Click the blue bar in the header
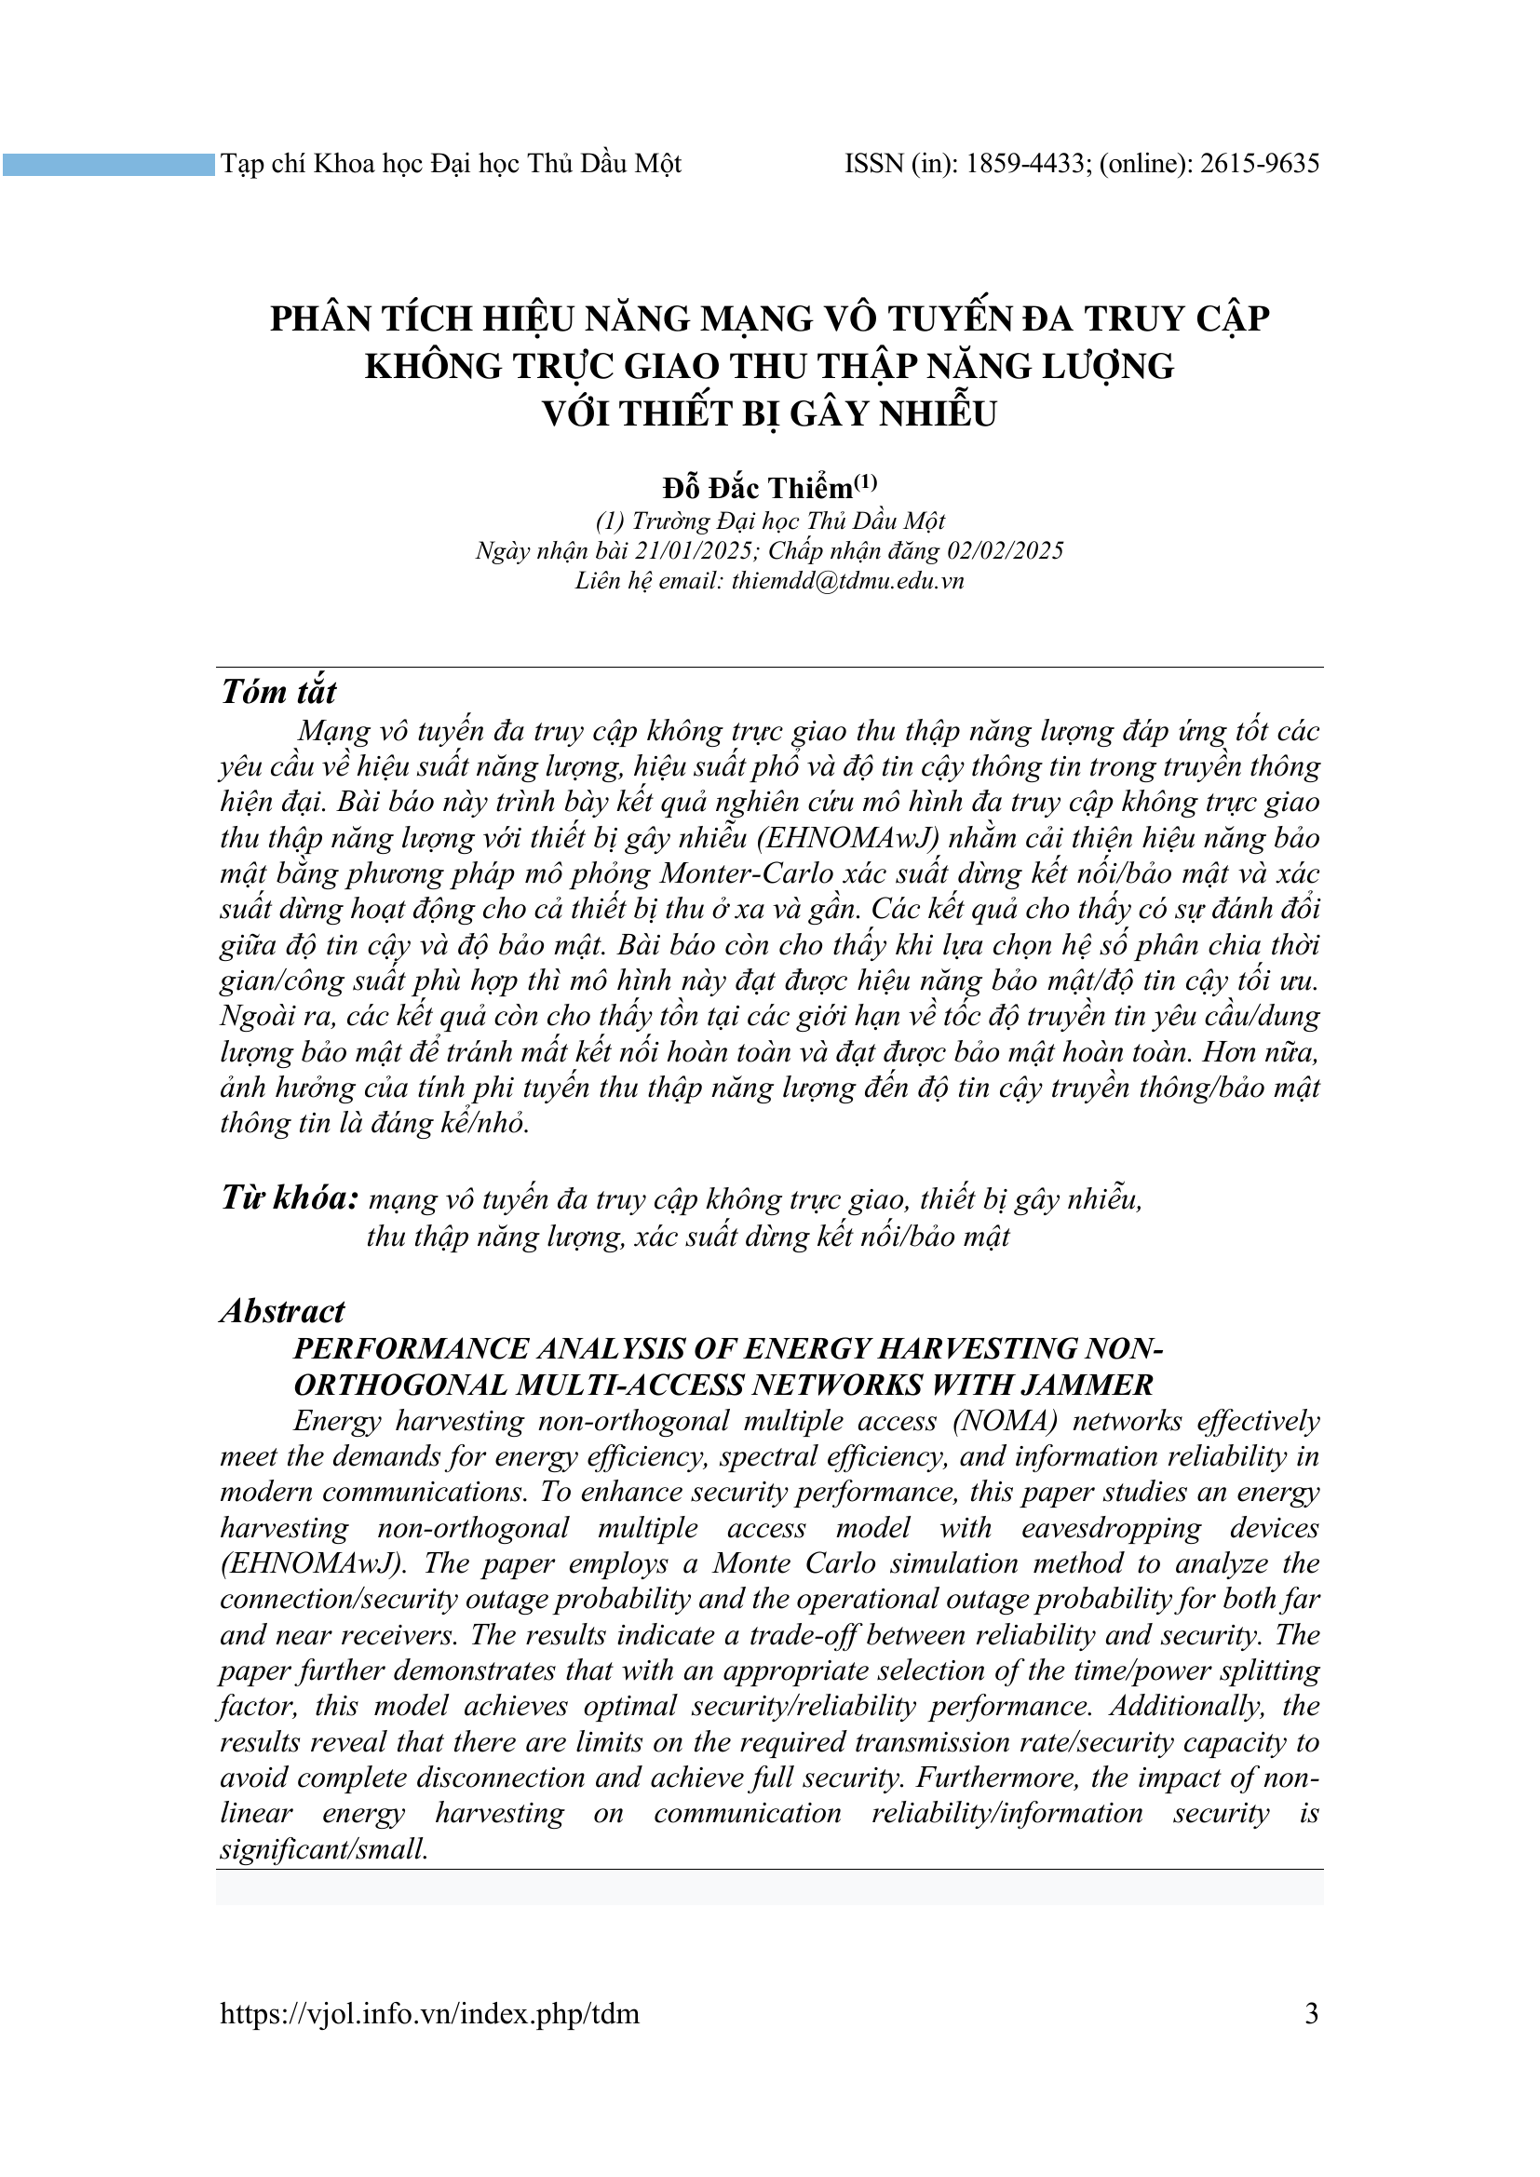pyautogui.click(x=108, y=165)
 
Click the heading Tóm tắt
pyautogui.click(x=277, y=692)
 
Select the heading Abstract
pyautogui.click(x=283, y=1311)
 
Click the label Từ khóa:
pyautogui.click(x=290, y=1198)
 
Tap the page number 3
pyautogui.click(x=1312, y=2013)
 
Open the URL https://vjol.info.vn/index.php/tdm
pyautogui.click(x=429, y=2014)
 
